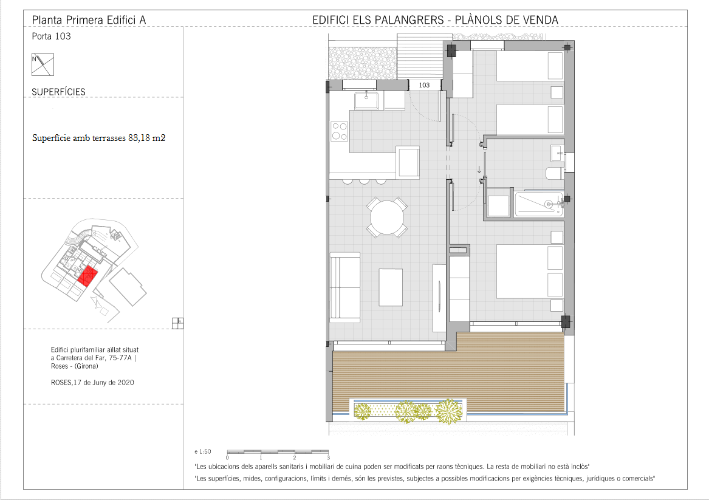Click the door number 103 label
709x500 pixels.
[424, 85]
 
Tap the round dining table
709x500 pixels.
[386, 217]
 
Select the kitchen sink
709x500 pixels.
[366, 100]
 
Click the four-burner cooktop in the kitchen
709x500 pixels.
[339, 131]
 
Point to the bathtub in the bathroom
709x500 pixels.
[538, 204]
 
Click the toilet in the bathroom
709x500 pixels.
[554, 174]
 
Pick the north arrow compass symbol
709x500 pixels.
[43, 64]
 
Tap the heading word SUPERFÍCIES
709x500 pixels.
[58, 92]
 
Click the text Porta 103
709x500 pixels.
[51, 36]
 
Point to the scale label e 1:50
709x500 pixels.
[202, 451]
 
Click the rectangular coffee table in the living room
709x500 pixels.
[391, 287]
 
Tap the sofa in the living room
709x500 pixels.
[345, 287]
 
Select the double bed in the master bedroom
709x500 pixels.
[530, 271]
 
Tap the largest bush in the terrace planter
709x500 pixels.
[449, 411]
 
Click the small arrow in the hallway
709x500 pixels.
[479, 170]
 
